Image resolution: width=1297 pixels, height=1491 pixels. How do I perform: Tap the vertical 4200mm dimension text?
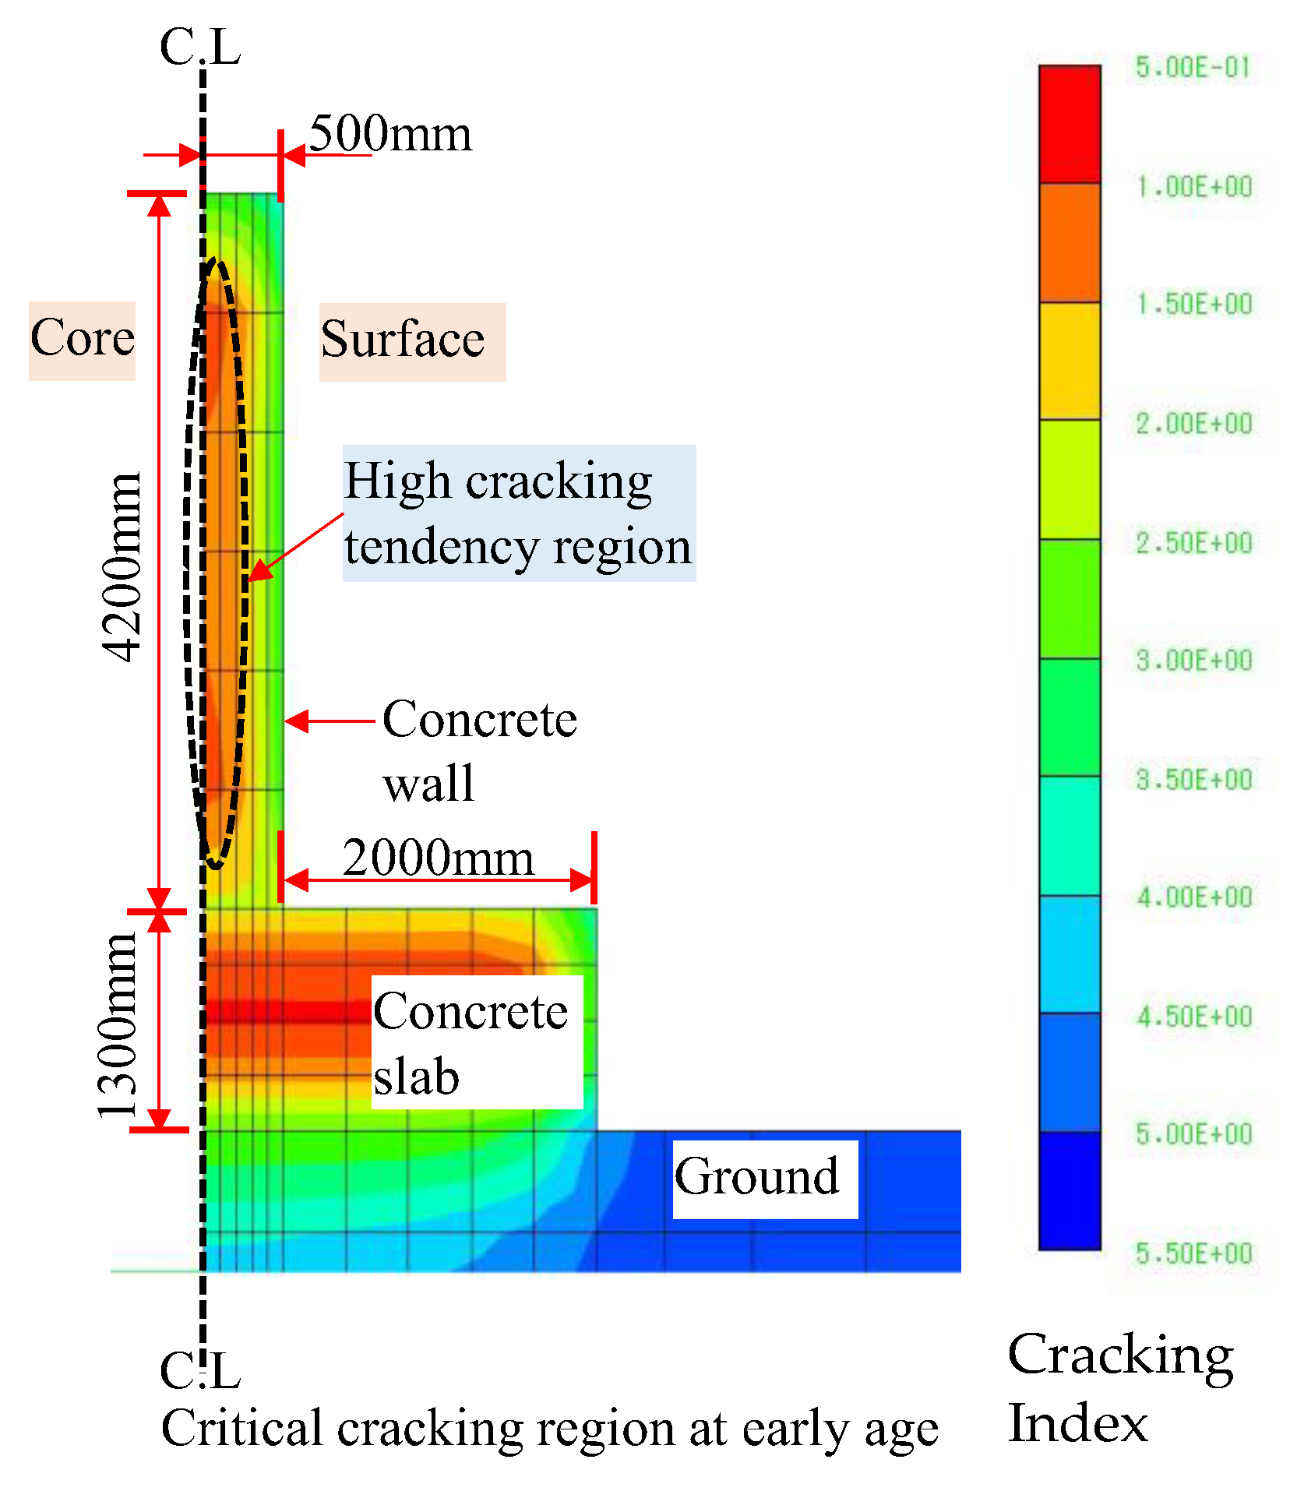pyautogui.click(x=122, y=566)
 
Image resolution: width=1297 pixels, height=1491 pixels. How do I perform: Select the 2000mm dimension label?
pyautogui.click(x=438, y=858)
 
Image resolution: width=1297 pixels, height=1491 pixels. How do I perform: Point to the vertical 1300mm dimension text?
pyautogui.click(x=117, y=1027)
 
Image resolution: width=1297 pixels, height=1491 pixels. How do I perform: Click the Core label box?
pyautogui.click(x=83, y=340)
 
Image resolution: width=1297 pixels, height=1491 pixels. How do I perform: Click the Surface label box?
pyautogui.click(x=411, y=341)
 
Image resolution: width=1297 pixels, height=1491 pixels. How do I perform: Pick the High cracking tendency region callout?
pyautogui.click(x=518, y=513)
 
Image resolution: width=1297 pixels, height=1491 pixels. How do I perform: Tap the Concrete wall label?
pyautogui.click(x=478, y=750)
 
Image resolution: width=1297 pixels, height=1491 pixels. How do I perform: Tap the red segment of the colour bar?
pyautogui.click(x=1070, y=125)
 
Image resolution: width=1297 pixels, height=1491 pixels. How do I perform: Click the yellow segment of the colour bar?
pyautogui.click(x=1070, y=361)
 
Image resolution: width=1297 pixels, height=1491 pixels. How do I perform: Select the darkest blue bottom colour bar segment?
pyautogui.click(x=1070, y=1190)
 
